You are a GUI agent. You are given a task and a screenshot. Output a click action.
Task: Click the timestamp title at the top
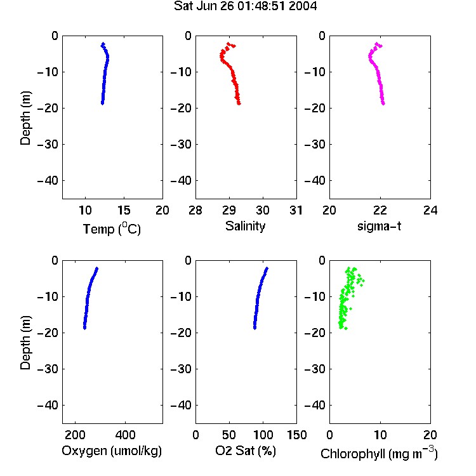coord(245,6)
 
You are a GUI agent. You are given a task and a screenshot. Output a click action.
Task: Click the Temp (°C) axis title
coord(112,228)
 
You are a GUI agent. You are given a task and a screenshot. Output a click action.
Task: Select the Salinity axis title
coord(245,226)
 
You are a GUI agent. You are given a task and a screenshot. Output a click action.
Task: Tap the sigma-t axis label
coord(379,226)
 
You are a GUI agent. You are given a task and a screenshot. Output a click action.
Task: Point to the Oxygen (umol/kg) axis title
coord(112,451)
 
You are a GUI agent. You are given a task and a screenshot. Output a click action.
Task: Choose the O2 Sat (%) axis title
coord(245,451)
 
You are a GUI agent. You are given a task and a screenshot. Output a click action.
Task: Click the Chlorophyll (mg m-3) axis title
coord(379,453)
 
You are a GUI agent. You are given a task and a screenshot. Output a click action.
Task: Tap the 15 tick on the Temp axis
coord(124,210)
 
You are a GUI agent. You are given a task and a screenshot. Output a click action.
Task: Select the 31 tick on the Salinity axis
coord(296,210)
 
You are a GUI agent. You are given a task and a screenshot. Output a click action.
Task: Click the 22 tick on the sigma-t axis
coord(380,210)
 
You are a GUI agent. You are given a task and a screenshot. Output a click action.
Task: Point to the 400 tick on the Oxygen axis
coord(125,435)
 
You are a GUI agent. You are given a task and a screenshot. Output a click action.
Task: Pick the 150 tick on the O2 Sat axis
coord(296,435)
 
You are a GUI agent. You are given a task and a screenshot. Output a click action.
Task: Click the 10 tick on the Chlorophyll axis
coord(380,435)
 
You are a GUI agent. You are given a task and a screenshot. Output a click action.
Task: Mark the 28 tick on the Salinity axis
coord(195,210)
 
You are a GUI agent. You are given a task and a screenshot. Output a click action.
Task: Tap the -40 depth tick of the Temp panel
coord(48,181)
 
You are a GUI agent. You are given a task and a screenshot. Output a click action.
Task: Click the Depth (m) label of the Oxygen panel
coord(25,343)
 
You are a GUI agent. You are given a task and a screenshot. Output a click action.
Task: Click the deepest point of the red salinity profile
coord(239,104)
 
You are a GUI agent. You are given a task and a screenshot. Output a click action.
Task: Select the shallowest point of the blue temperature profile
coord(103,44)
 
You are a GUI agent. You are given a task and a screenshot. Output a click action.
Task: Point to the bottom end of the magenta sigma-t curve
coord(383,104)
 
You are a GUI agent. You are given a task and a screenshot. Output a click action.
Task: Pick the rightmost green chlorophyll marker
coord(363,281)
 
